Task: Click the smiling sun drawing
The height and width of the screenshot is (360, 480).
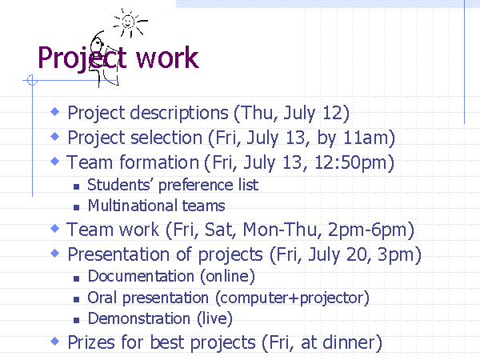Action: point(130,22)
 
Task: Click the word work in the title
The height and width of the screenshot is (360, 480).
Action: point(167,58)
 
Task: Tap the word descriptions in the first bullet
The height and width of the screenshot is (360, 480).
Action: point(179,114)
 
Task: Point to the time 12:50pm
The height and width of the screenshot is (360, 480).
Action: point(351,162)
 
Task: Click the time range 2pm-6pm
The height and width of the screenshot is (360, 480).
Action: point(367,230)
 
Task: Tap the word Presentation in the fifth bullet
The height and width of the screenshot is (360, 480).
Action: point(118,254)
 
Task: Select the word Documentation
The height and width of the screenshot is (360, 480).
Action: point(141,276)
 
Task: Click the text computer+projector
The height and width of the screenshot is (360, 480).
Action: point(292,298)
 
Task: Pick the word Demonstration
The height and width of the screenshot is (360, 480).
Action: point(138,318)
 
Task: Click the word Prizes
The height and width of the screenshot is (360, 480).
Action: point(91,342)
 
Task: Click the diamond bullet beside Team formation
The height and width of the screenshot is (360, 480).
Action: point(54,161)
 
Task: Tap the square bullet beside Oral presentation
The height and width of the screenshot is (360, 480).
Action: point(77,299)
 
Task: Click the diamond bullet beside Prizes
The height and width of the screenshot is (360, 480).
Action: point(54,341)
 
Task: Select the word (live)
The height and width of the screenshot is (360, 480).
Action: point(214,318)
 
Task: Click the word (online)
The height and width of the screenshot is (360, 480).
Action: point(227,277)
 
